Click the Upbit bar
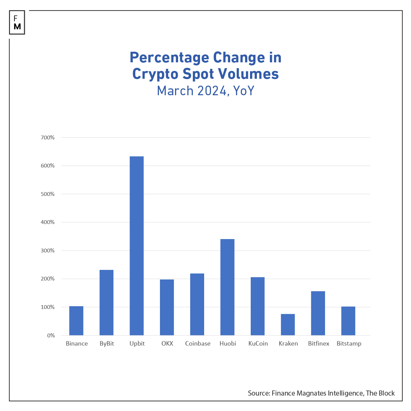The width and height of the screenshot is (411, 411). pyautogui.click(x=137, y=246)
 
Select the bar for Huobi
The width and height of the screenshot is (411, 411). pyautogui.click(x=227, y=287)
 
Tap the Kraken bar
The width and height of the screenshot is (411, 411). pyautogui.click(x=288, y=324)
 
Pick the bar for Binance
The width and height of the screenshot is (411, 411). pyautogui.click(x=76, y=321)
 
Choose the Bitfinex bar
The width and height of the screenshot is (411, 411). pyautogui.click(x=318, y=313)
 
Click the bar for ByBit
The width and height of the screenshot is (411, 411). pyautogui.click(x=107, y=302)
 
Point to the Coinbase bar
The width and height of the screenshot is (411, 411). pyautogui.click(x=197, y=304)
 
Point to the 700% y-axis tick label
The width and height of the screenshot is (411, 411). pyautogui.click(x=48, y=138)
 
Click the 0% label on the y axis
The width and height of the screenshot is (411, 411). pyautogui.click(x=51, y=335)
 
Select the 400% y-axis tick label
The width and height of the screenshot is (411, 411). pyautogui.click(x=48, y=222)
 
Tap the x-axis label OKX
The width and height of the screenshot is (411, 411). pyautogui.click(x=167, y=344)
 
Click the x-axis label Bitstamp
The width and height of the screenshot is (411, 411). pyautogui.click(x=349, y=344)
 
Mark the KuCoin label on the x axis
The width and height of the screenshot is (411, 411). pyautogui.click(x=258, y=344)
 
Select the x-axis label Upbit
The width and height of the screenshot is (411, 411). pyautogui.click(x=137, y=344)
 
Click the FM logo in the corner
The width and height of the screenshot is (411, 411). pyautogui.click(x=17, y=23)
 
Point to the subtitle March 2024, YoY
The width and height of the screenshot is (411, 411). pyautogui.click(x=206, y=91)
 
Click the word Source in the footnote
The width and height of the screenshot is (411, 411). pyautogui.click(x=259, y=393)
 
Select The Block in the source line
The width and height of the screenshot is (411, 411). pyautogui.click(x=380, y=393)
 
